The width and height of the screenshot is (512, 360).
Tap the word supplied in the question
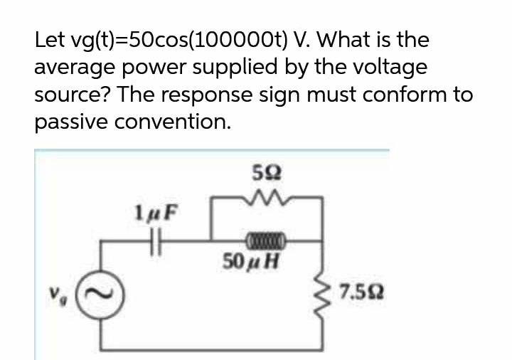[245, 69]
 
